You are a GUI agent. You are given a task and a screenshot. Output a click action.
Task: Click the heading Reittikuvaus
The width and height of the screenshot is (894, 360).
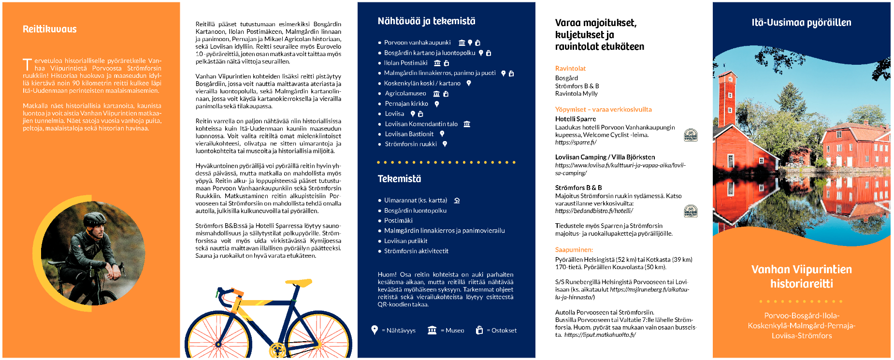(x=49, y=29)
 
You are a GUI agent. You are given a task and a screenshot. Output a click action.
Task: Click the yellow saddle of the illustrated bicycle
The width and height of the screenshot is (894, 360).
(x=299, y=282)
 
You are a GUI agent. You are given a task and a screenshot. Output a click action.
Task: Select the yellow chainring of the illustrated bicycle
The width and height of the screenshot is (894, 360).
(x=277, y=349)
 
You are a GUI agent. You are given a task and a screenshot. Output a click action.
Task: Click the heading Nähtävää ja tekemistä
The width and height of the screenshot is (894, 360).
(x=426, y=21)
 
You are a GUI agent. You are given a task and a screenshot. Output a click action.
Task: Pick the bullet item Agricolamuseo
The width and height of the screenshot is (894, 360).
(x=405, y=93)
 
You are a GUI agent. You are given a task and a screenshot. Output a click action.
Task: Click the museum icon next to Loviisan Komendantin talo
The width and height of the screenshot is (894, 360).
(x=467, y=124)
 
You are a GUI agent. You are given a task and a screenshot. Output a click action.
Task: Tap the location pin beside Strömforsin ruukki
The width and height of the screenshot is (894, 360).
(x=445, y=144)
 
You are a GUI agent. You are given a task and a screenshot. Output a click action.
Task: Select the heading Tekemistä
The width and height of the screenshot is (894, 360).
(x=399, y=179)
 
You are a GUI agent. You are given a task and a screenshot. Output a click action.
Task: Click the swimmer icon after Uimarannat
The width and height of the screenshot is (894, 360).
(x=457, y=201)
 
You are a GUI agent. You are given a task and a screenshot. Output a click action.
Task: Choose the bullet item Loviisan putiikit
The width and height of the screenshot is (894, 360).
(x=405, y=241)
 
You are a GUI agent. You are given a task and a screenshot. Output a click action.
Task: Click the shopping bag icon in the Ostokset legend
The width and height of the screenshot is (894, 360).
(x=479, y=330)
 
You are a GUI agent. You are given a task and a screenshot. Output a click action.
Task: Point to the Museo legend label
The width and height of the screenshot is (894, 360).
(x=454, y=331)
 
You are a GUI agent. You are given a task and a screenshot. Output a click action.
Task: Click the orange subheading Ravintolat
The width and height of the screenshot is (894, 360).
(x=570, y=69)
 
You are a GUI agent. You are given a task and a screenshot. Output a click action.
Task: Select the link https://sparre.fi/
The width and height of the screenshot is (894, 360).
(x=576, y=142)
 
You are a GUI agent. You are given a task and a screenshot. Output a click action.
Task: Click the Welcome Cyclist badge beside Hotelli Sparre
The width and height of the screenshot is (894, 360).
(x=691, y=135)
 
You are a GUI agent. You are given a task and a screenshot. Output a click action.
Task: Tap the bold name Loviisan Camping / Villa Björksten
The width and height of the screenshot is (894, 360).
(x=605, y=157)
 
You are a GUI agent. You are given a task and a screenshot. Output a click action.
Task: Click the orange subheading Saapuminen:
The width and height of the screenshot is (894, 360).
(x=574, y=250)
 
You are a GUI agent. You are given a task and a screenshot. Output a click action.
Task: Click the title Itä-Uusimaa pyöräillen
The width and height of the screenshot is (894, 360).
(x=801, y=23)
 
